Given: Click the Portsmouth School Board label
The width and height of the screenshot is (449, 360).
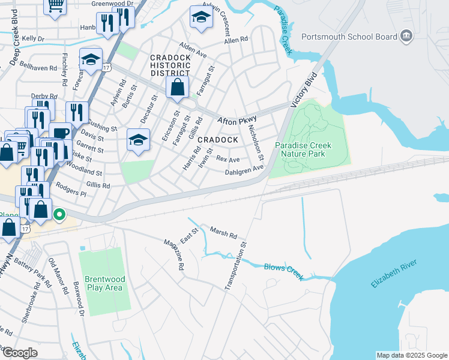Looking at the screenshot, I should pos(349,37).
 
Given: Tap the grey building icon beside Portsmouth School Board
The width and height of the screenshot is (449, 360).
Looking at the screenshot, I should pos(406,37).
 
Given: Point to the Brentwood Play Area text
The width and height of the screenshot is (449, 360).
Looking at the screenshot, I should pos(104,283).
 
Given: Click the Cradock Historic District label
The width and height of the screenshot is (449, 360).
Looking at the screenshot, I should pos(170,65).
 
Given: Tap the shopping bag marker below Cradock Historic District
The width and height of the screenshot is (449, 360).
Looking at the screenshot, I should pos(178,88).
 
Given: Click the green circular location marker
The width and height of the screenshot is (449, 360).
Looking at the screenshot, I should pos(59,214).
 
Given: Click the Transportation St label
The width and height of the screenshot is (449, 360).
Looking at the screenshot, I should pos(235,266).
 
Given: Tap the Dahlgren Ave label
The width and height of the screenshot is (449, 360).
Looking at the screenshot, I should pos(244,170).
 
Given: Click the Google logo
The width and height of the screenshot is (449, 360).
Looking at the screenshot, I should pos(19,353).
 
